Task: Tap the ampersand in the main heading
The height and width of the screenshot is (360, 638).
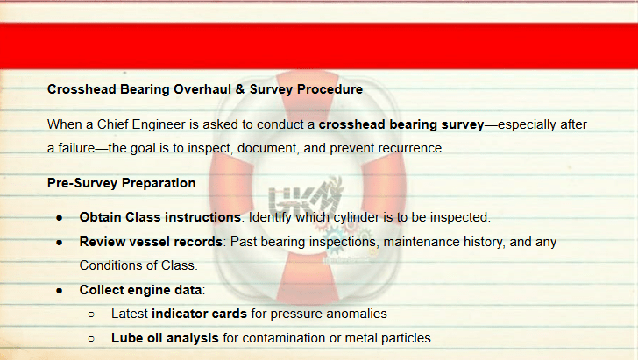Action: [x=239, y=89]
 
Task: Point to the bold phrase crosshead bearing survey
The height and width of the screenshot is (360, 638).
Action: [x=401, y=124]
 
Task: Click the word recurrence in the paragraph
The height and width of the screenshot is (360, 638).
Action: [x=410, y=148]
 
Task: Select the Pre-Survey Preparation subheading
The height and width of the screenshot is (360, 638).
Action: [x=121, y=183]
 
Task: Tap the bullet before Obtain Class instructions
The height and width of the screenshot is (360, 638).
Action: [x=60, y=218]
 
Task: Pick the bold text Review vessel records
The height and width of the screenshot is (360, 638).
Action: [x=151, y=242]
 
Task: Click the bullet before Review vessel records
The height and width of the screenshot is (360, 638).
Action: [x=60, y=243]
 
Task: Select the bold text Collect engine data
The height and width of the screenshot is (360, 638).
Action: [x=140, y=290]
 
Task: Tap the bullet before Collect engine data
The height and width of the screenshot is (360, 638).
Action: [x=60, y=291]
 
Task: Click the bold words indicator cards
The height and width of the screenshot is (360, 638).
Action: [x=200, y=314]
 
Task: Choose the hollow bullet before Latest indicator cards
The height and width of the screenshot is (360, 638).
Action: [x=91, y=314]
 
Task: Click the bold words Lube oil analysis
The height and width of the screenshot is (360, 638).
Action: [x=165, y=338]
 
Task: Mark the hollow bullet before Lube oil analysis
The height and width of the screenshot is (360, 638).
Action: [x=91, y=338]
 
